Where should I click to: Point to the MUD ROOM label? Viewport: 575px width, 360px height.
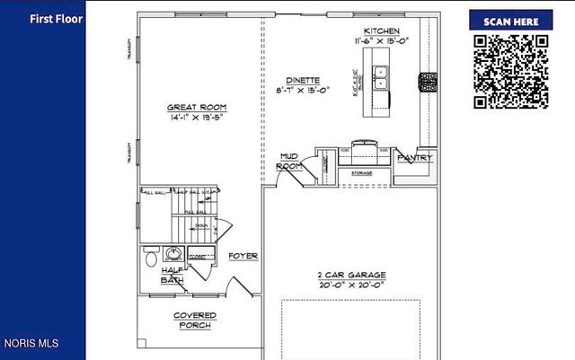288,161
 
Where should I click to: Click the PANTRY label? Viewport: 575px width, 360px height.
414,157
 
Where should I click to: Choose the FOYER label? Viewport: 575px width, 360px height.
243,256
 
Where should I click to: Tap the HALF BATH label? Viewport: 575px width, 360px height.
172,275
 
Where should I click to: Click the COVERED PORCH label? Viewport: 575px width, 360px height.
194,320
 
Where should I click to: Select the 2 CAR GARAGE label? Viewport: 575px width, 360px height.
351,274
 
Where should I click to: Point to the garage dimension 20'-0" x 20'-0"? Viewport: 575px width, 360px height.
351,285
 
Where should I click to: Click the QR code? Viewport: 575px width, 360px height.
510,71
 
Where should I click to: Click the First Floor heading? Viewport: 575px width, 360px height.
56,18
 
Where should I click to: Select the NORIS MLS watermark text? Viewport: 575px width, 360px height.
31,343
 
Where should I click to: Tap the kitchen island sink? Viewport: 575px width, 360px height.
382,79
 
